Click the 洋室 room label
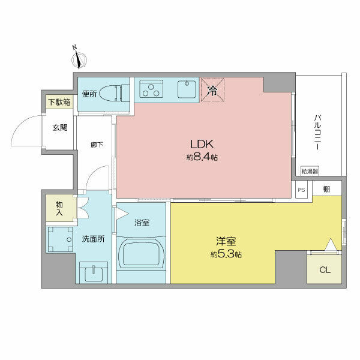[226, 242]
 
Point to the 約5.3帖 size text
[226, 254]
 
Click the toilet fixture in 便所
[114, 94]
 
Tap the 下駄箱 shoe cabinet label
[59, 102]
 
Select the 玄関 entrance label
[59, 127]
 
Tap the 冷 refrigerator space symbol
[212, 91]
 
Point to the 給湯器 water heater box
[310, 171]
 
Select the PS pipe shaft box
[301, 190]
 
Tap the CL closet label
[325, 270]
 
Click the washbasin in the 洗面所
[94, 273]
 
